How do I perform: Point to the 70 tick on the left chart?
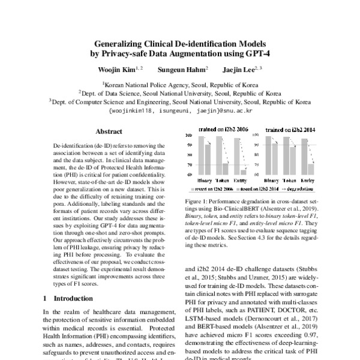click(190, 164)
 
